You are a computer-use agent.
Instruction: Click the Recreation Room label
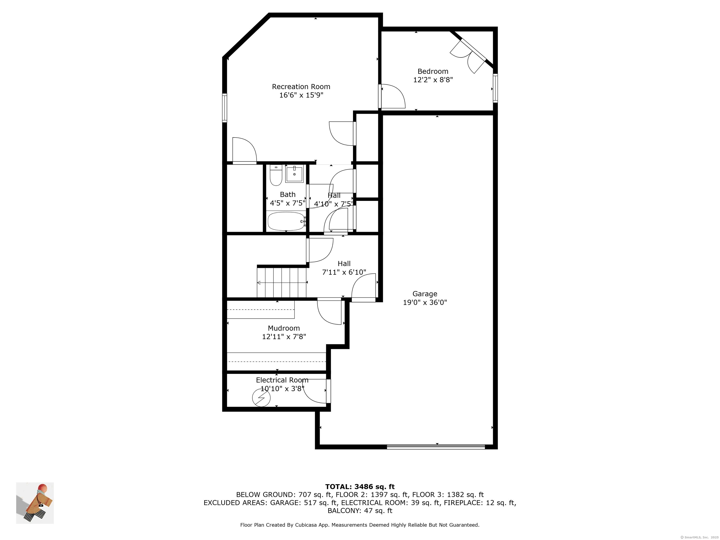click(x=301, y=86)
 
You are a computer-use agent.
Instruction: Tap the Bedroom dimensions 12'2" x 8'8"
click(x=433, y=80)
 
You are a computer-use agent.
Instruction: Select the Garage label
click(x=425, y=294)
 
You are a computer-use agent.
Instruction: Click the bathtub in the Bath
click(x=286, y=221)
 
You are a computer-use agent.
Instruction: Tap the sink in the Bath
click(x=294, y=174)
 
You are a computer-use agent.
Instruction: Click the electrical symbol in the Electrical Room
click(x=261, y=398)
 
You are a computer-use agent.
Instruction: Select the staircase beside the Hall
click(x=282, y=282)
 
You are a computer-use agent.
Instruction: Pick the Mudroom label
click(x=284, y=328)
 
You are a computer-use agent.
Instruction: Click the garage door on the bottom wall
click(x=436, y=447)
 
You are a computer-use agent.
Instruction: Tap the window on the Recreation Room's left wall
click(x=225, y=108)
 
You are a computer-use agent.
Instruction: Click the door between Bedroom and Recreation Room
click(x=392, y=96)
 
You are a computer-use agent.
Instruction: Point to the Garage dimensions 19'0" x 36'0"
click(x=425, y=302)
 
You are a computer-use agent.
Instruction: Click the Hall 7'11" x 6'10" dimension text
click(x=344, y=272)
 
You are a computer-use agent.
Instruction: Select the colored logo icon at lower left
click(x=35, y=503)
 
